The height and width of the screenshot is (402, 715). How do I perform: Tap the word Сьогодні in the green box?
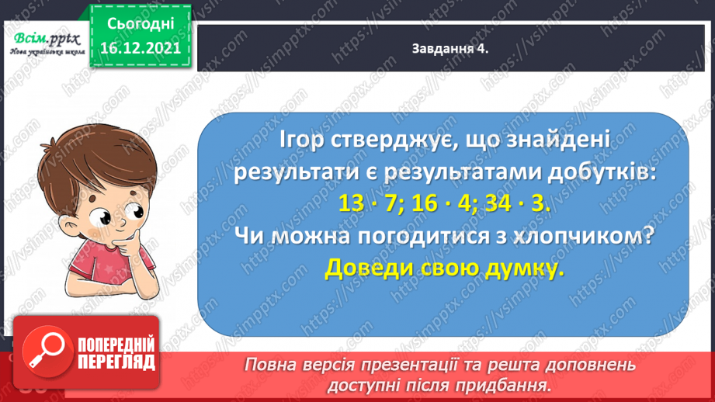[141, 23]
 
